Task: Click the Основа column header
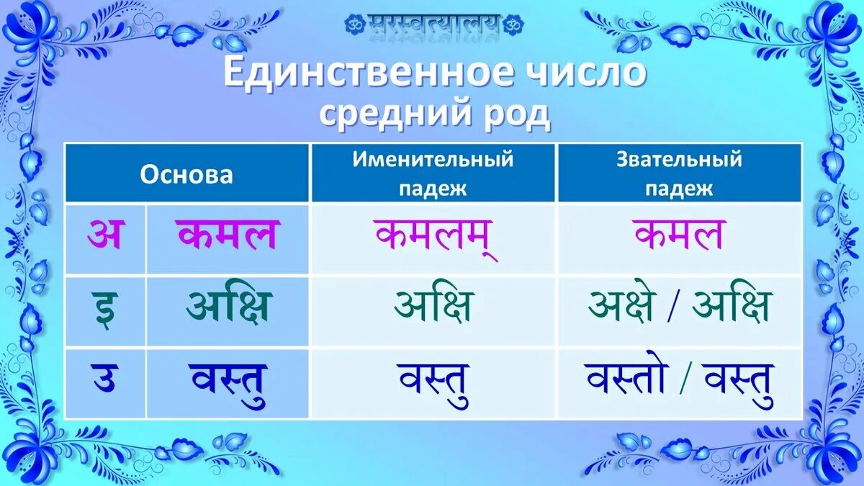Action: click(186, 174)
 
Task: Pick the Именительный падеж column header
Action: click(433, 174)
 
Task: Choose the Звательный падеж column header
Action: click(679, 174)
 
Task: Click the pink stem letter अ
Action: click(105, 236)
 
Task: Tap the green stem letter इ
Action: click(105, 308)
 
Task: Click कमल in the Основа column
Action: click(227, 236)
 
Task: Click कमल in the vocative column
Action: click(679, 236)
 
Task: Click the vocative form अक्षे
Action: click(621, 307)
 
